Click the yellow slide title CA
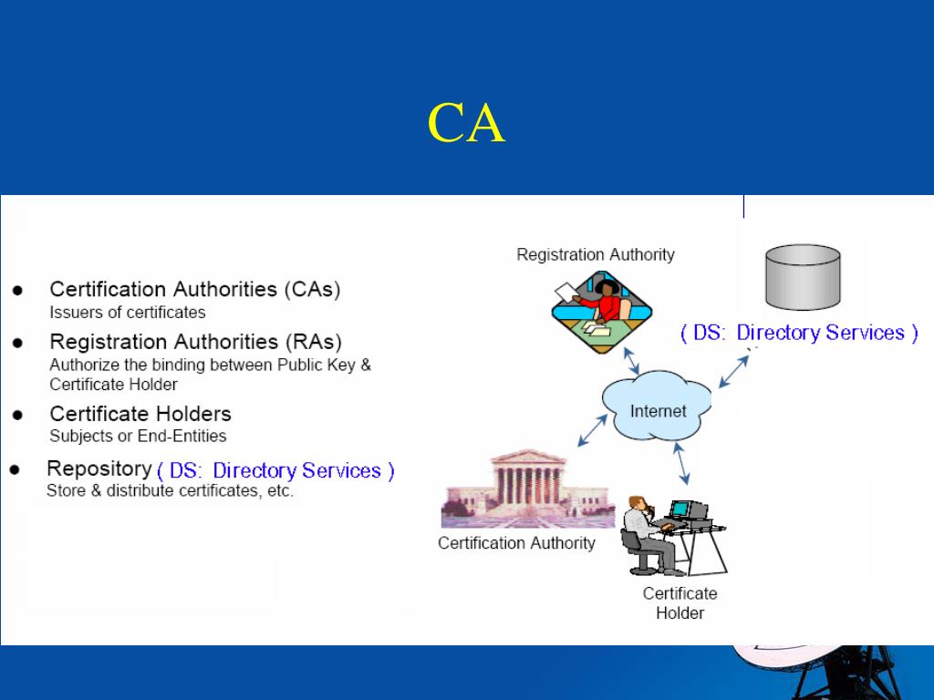pos(466,123)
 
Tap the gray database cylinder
pos(803,277)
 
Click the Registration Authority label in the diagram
pos(596,254)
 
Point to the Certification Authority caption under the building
pos(516,543)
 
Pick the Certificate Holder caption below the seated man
pos(680,602)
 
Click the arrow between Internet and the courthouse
pos(593,429)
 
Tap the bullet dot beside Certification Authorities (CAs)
pos(17,291)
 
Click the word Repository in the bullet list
pos(99,468)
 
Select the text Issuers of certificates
pos(127,313)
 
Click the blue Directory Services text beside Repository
pos(275,471)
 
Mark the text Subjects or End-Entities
pos(138,436)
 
